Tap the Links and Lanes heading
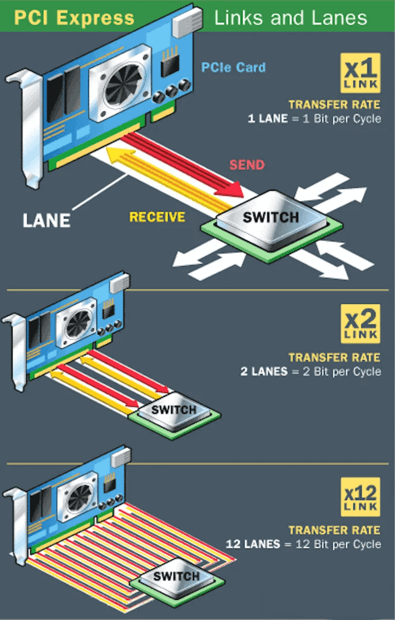(290, 18)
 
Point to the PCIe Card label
(234, 67)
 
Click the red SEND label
(247, 164)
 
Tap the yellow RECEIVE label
(157, 217)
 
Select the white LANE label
(47, 220)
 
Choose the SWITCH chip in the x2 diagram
(173, 410)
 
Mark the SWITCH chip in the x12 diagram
(176, 576)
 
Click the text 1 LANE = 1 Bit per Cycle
(314, 118)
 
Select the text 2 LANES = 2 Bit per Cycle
(310, 372)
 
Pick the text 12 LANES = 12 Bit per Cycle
(303, 544)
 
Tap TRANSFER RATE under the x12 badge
(334, 530)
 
